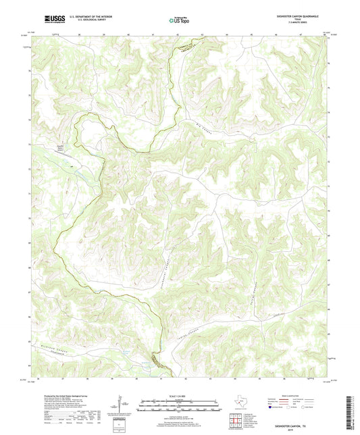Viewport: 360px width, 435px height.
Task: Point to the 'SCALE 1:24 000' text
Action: pyautogui.click(x=179, y=394)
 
